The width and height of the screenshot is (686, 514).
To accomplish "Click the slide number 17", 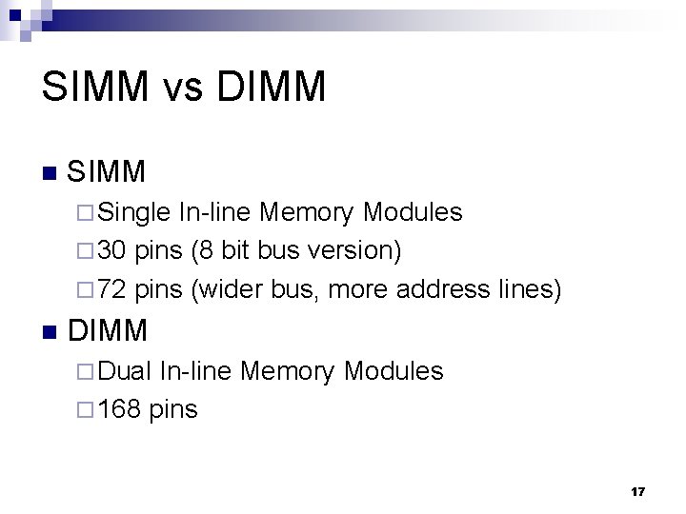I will [x=637, y=492].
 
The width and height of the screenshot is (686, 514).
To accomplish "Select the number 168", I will [x=120, y=409].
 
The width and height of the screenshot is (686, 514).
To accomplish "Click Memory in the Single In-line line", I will [x=305, y=212].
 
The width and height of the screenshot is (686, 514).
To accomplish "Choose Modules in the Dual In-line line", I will [x=394, y=371].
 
